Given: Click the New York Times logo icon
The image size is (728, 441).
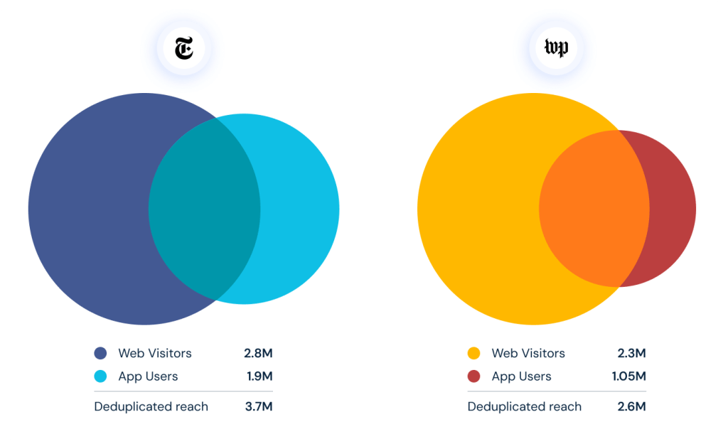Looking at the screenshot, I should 183,49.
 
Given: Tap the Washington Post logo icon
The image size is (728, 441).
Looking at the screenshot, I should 556,49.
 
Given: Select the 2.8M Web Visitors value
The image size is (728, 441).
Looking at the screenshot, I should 258,353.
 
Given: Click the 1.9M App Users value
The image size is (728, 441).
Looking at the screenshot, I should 258,376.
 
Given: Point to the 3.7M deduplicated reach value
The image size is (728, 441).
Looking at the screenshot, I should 258,407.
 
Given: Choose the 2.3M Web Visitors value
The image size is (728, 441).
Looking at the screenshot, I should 631,353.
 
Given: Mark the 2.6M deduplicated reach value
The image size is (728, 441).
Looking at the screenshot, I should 631,407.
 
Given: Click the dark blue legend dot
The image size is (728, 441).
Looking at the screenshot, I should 101,353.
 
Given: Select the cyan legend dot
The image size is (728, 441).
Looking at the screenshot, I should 101,376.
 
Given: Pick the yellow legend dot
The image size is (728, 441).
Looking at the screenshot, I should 474,353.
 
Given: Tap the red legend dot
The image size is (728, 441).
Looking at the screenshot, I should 474,376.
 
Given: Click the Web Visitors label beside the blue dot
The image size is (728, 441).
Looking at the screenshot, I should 155,353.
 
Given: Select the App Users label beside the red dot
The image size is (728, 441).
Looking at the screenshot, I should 521,376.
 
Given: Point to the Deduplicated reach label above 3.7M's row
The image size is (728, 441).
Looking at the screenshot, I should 151,407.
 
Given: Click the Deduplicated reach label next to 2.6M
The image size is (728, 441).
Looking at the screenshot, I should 525,407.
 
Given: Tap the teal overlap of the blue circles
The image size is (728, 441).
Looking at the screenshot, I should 205,209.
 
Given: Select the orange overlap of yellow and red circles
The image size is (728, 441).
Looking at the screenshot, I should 594,209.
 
